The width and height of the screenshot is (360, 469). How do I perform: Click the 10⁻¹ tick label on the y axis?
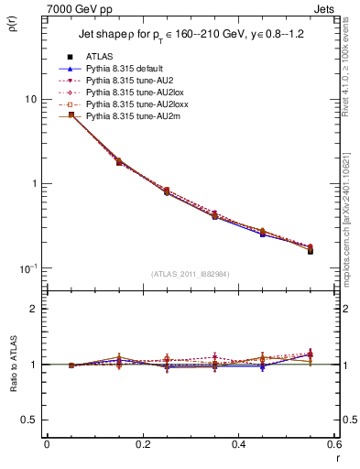[27, 267]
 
